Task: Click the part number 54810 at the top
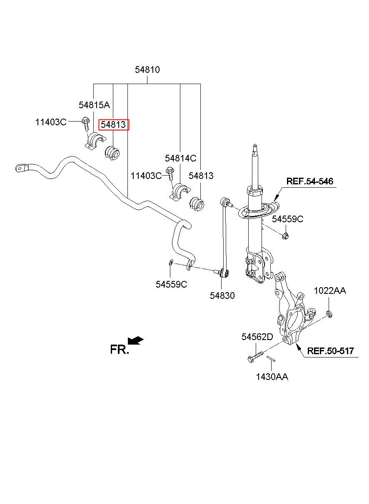click(x=147, y=70)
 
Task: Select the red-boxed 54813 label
click(x=114, y=124)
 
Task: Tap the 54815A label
click(x=95, y=105)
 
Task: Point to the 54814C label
click(x=181, y=159)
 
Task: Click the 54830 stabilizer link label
click(x=222, y=295)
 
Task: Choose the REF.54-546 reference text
click(x=310, y=181)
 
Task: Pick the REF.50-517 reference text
click(x=331, y=351)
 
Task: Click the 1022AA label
click(x=330, y=290)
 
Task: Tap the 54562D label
click(x=257, y=337)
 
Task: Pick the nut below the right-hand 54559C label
click(x=286, y=236)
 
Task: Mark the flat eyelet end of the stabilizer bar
click(x=21, y=168)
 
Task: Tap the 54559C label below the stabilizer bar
click(x=171, y=285)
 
